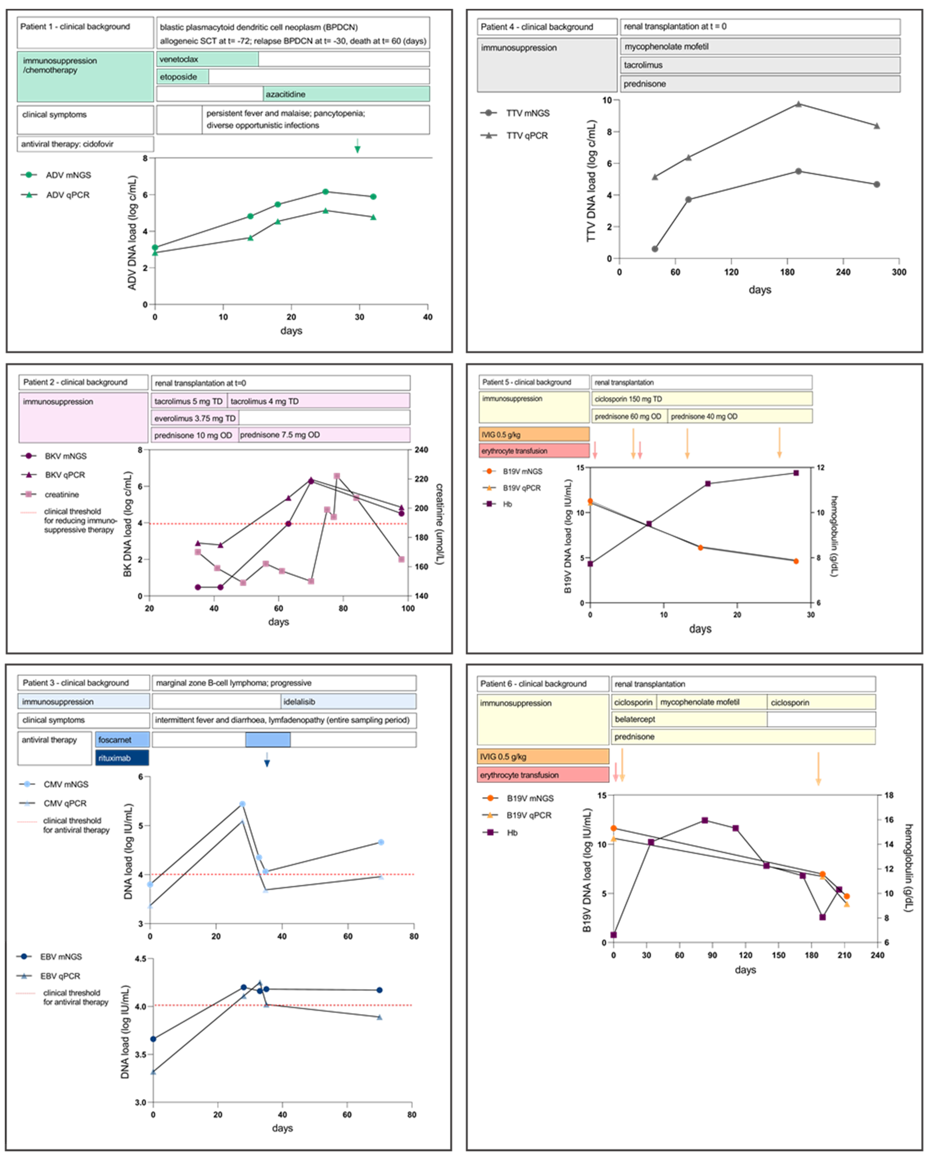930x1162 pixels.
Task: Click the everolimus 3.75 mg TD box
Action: (195, 418)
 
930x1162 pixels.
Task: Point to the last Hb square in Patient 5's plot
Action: (796, 473)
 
